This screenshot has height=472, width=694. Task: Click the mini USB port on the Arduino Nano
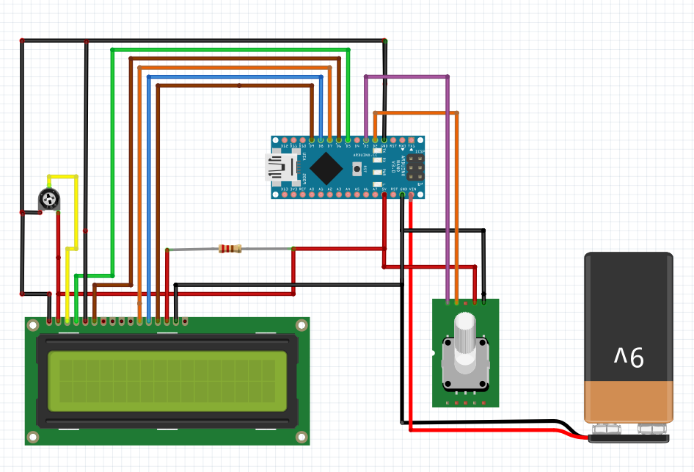click(278, 167)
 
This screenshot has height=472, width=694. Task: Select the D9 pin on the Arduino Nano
click(312, 139)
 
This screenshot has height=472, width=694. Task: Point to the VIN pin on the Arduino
click(411, 195)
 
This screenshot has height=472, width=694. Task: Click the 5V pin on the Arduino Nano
click(384, 195)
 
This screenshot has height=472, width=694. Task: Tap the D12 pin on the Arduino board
click(285, 139)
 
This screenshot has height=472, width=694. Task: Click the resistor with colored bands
click(230, 249)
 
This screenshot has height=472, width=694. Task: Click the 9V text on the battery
click(629, 357)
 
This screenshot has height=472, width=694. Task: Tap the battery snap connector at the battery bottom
click(629, 437)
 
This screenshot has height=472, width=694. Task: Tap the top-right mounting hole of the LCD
click(300, 325)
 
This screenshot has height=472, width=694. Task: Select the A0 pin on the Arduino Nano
click(312, 195)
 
